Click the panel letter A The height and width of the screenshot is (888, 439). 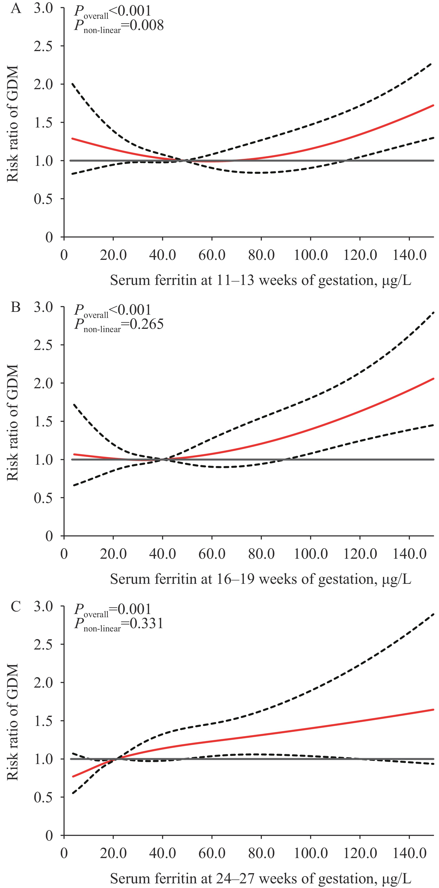[16, 8]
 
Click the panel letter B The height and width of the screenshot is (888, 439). [16, 307]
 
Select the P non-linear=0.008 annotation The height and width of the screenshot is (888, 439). [119, 26]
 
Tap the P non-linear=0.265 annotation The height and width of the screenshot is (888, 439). [119, 325]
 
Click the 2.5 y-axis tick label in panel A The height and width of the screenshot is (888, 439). [43, 46]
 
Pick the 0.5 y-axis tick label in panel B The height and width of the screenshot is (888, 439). [43, 498]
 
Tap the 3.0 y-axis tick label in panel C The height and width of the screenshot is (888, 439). [43, 606]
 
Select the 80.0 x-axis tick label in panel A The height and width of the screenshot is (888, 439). [261, 255]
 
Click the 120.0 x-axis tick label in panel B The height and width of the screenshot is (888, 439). [360, 554]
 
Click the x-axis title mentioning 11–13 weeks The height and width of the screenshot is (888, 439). [260, 281]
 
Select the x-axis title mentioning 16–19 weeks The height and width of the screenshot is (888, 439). [260, 579]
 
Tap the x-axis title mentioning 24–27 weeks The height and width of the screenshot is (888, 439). [260, 878]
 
